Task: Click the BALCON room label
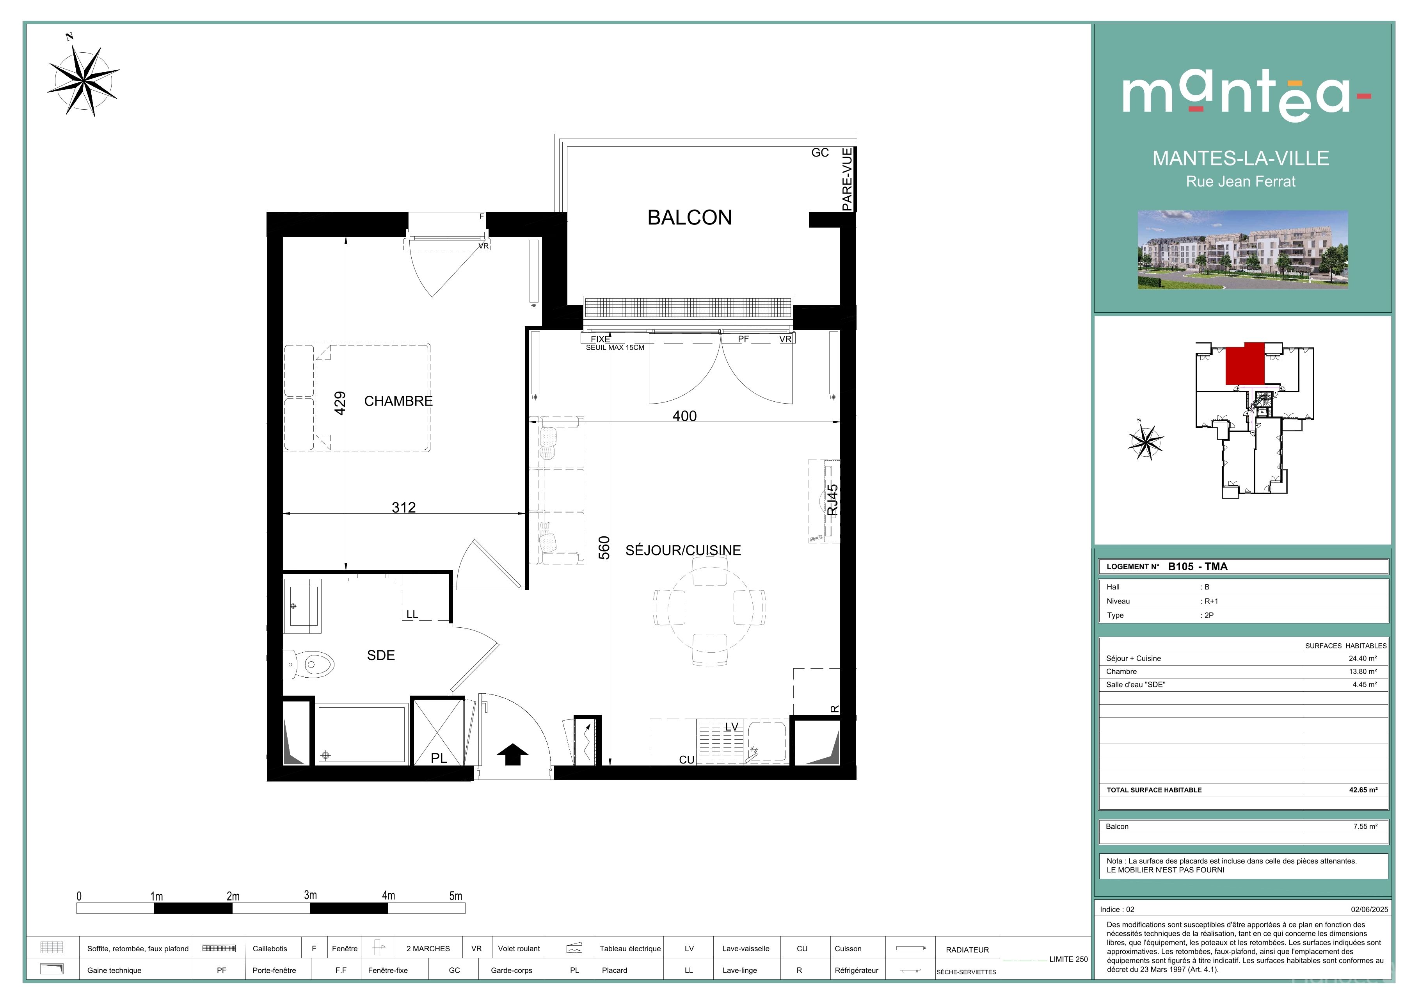[x=690, y=218]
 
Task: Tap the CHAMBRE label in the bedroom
[x=398, y=401]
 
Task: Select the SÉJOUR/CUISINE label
[x=683, y=550]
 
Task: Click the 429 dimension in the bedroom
[x=339, y=403]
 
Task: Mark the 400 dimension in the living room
[x=685, y=417]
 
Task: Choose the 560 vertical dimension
[x=604, y=548]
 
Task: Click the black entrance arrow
[x=513, y=754]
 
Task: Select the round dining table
[x=709, y=609]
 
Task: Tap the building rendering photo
[x=1243, y=250]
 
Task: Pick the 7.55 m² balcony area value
[x=1365, y=826]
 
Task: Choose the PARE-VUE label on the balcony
[x=847, y=180]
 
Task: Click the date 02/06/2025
[x=1369, y=910]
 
